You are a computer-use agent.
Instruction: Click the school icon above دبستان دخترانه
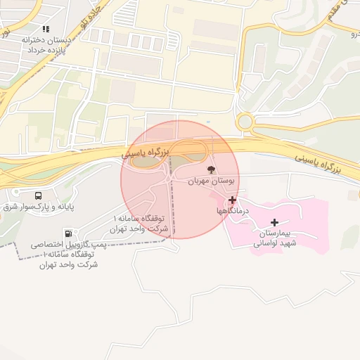pos(46,30)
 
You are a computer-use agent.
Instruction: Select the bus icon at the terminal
pos(37,196)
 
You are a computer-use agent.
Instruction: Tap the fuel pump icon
pos(67,233)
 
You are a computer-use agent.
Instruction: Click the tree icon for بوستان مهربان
pos(211,169)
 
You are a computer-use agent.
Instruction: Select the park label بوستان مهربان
pos(212,181)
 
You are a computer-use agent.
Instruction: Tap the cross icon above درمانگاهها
pos(232,200)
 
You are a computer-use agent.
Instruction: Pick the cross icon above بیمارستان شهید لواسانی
pos(274,222)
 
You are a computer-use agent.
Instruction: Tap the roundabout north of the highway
pos(245,122)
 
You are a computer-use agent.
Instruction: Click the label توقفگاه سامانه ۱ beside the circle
pos(141,223)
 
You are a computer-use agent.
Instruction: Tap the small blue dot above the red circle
pos(207,121)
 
